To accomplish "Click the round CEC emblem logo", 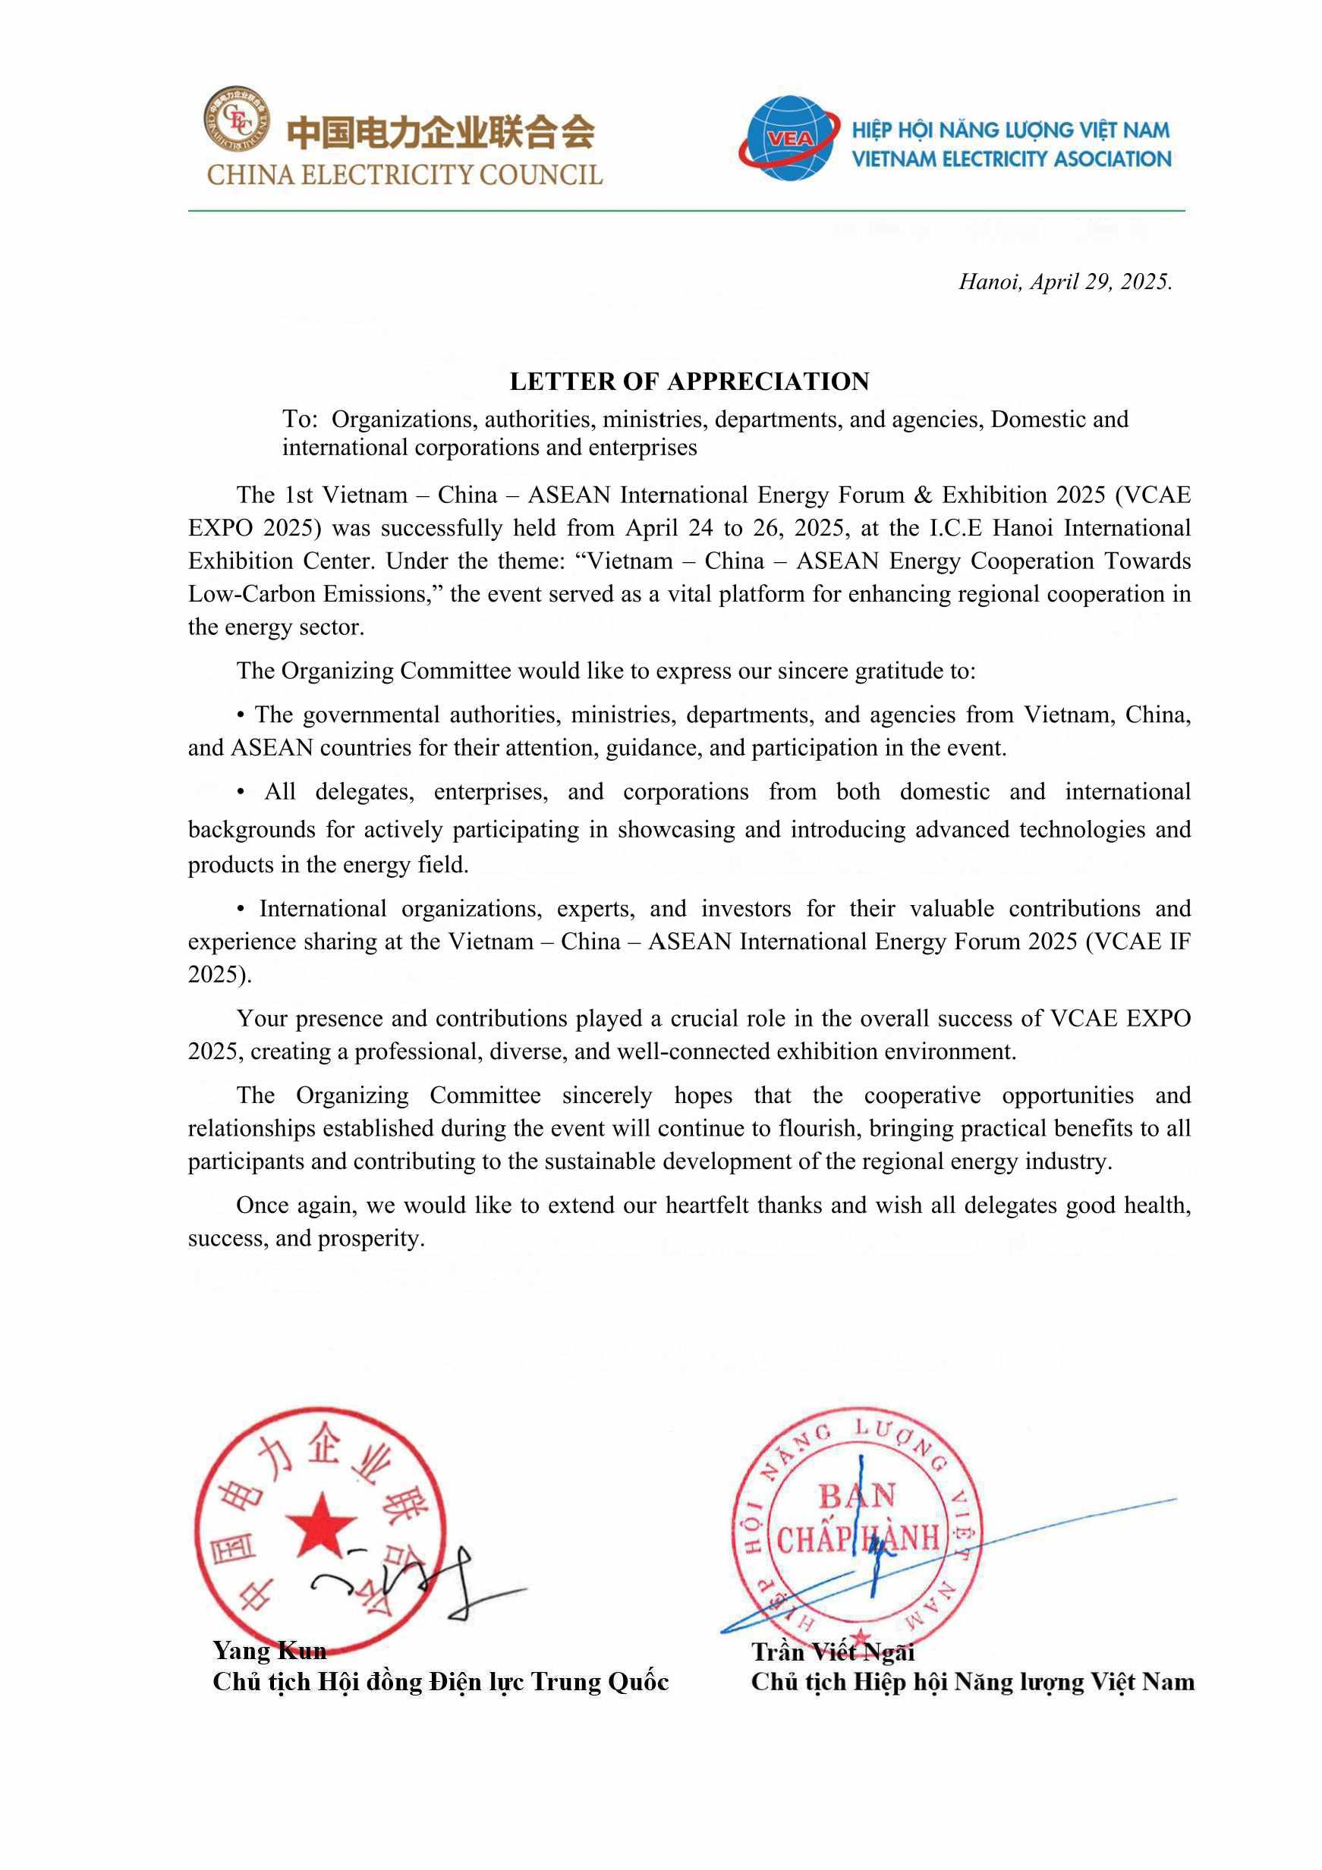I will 237,120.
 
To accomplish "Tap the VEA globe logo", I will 788,139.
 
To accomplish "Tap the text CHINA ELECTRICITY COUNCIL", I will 404,175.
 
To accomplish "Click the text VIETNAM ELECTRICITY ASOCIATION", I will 1011,159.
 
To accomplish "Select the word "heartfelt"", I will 702,1205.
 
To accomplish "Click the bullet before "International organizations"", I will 241,909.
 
